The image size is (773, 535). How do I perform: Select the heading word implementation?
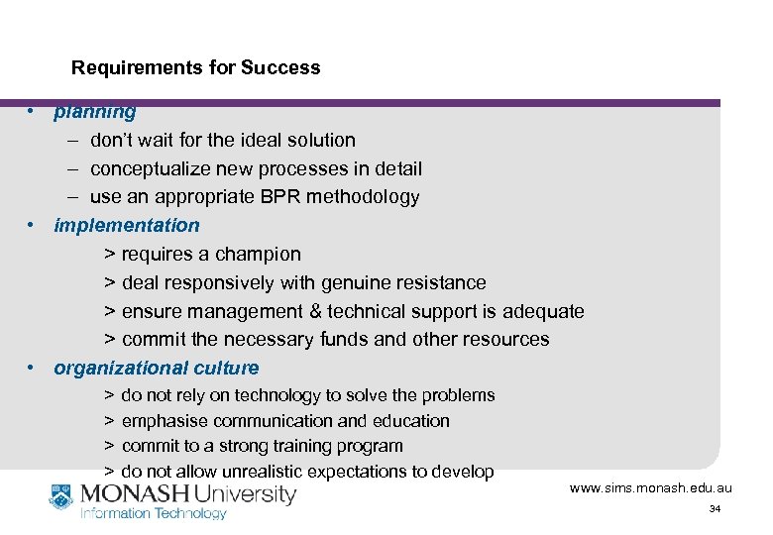coord(127,226)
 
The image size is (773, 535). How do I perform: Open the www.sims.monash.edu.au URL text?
coord(650,488)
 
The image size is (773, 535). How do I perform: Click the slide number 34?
coord(715,509)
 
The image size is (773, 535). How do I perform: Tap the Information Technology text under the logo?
coord(153,513)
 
